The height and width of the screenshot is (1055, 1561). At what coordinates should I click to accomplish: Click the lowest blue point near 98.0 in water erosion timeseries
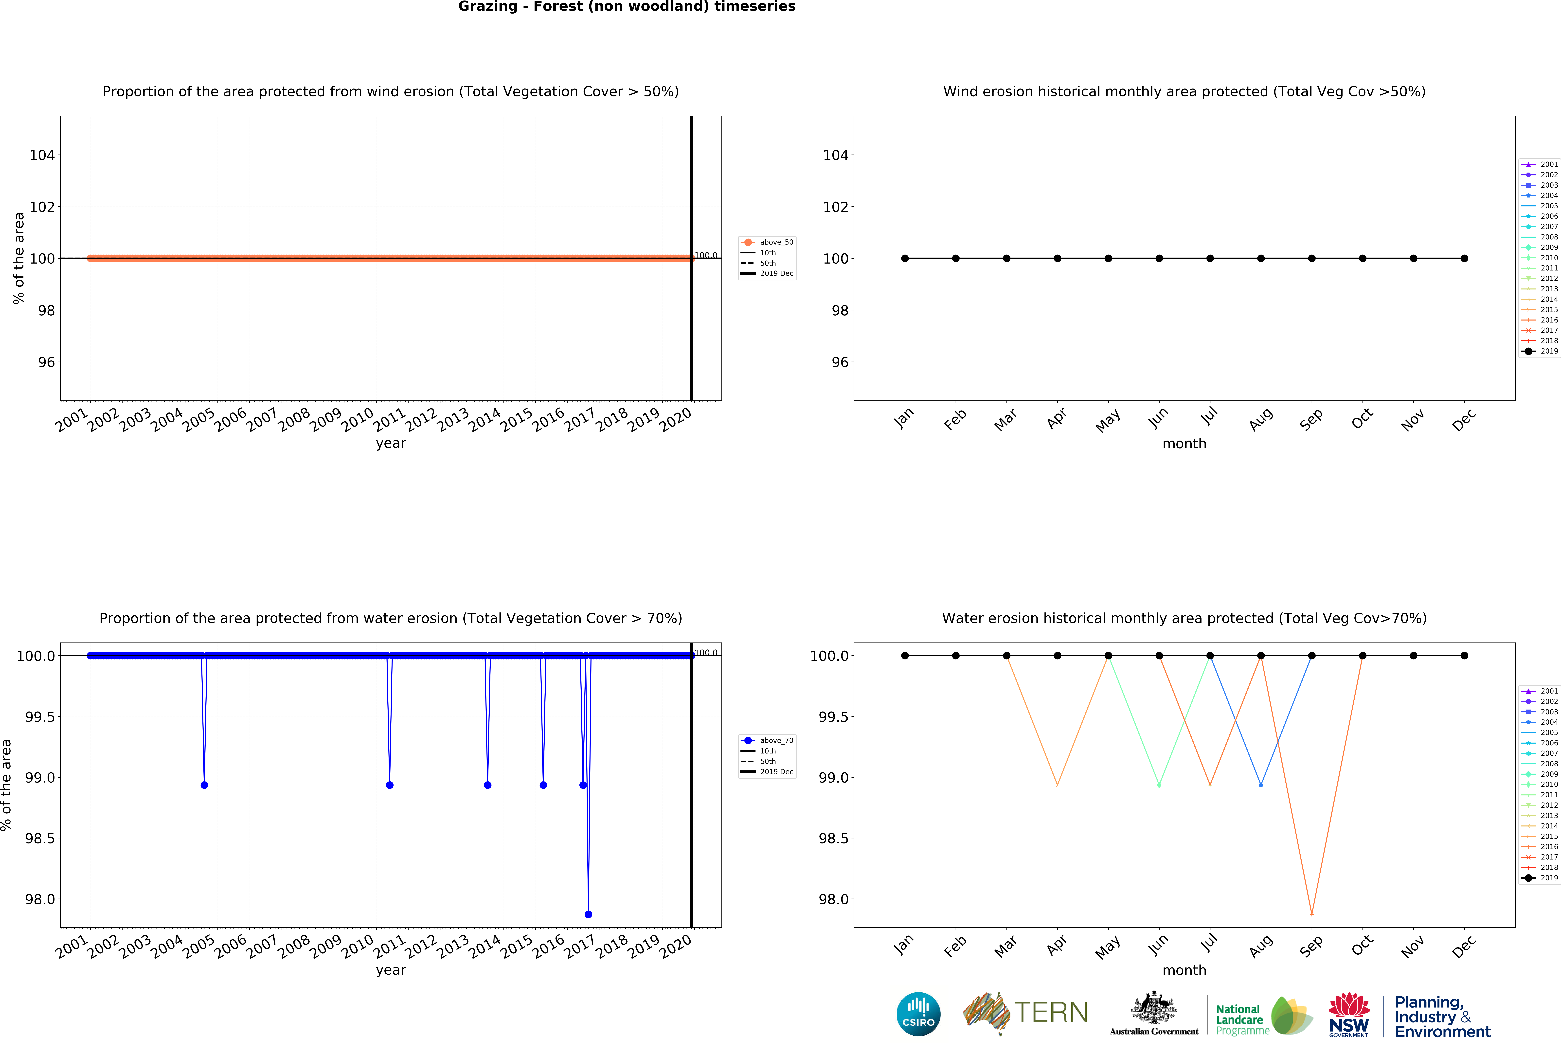click(x=588, y=914)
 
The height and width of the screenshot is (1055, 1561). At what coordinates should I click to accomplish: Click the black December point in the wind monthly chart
click(x=1464, y=259)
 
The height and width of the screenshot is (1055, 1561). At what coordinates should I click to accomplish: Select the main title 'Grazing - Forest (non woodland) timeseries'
click(x=627, y=7)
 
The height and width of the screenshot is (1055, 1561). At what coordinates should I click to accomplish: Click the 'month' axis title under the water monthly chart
click(x=1184, y=970)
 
